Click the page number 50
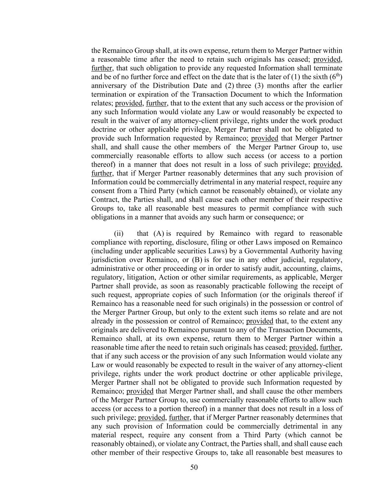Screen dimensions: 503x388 point(194,468)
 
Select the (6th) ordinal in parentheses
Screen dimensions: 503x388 point(336,77)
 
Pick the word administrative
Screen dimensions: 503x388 point(112,269)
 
